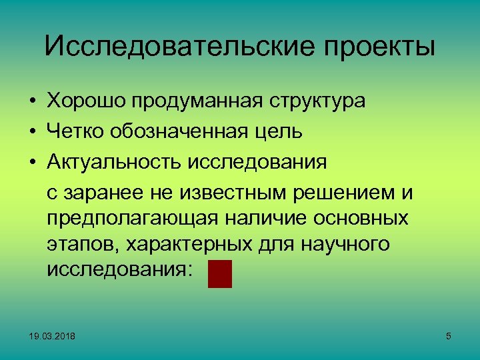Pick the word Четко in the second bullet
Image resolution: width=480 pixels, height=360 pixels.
pyautogui.click(x=73, y=132)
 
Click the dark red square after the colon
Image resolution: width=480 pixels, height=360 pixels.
pyautogui.click(x=219, y=274)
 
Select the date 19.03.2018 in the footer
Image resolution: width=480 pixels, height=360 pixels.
pyautogui.click(x=52, y=337)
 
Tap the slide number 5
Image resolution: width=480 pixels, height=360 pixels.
pyautogui.click(x=448, y=337)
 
